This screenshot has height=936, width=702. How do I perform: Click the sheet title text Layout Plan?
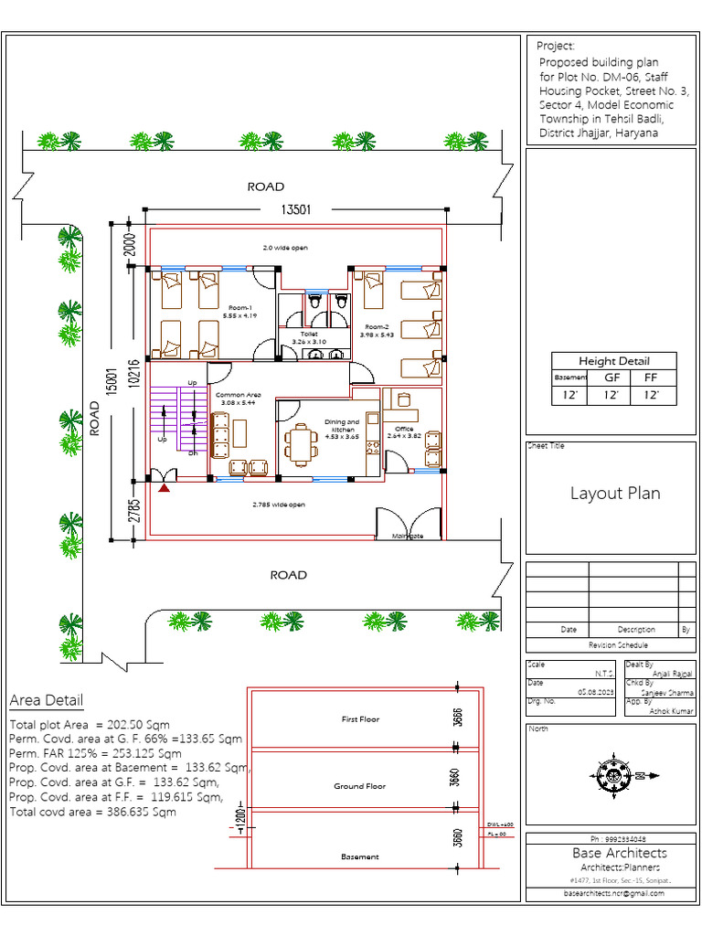[x=615, y=494]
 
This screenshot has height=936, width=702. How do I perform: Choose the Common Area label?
[x=239, y=398]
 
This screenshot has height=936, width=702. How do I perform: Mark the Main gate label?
[x=407, y=537]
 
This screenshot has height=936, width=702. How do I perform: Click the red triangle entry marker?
[x=165, y=491]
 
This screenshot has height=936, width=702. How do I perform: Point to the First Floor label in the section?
[x=359, y=719]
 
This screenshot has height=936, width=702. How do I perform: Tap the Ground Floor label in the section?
[x=359, y=786]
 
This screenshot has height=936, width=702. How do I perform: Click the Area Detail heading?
[x=46, y=701]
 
